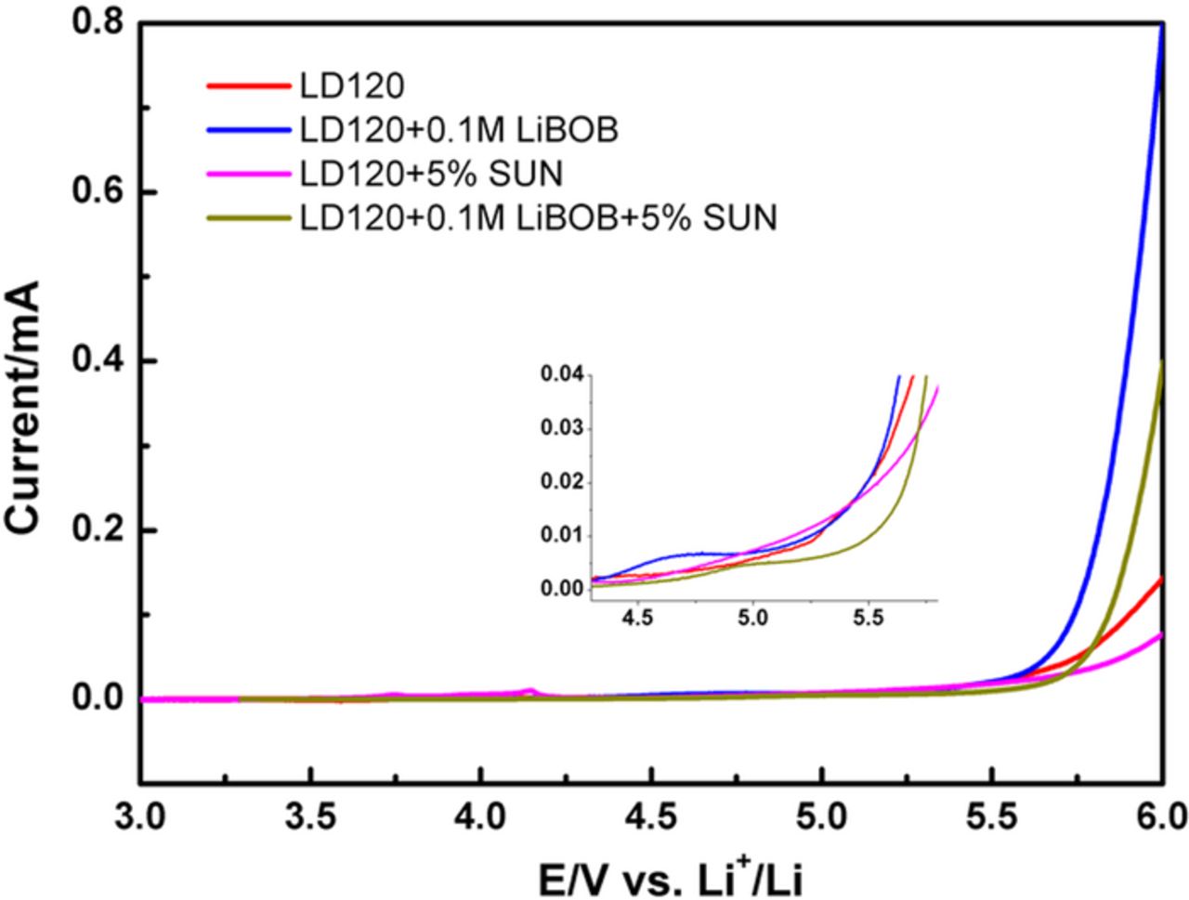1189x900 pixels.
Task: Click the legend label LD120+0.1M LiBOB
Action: (x=458, y=131)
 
